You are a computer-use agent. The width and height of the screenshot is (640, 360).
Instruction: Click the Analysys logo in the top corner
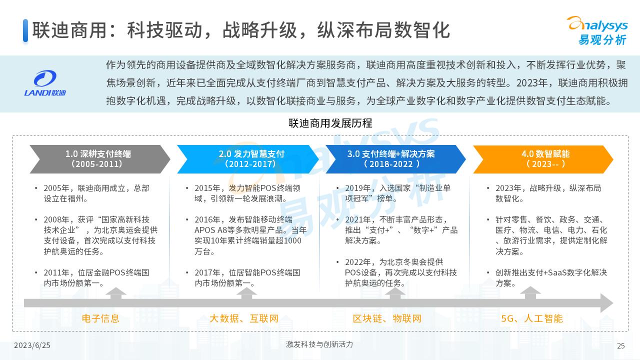click(598, 30)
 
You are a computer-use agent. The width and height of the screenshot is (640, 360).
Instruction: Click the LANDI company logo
click(45, 83)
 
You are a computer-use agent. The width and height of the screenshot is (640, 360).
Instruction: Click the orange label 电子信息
click(100, 318)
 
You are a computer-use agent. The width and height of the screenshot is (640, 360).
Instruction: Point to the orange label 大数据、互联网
click(243, 318)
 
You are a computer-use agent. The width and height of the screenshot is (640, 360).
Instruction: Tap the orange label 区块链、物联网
click(387, 318)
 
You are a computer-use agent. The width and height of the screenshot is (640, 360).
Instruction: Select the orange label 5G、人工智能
click(531, 318)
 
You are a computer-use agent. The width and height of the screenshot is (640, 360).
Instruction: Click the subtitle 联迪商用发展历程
click(330, 123)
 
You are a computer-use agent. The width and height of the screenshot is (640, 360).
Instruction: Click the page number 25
click(621, 345)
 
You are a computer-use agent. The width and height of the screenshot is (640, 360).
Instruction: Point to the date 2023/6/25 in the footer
click(32, 345)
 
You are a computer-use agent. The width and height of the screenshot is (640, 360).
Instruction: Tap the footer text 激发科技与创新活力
click(319, 344)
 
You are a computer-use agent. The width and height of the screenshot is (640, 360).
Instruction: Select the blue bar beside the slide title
click(25, 30)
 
